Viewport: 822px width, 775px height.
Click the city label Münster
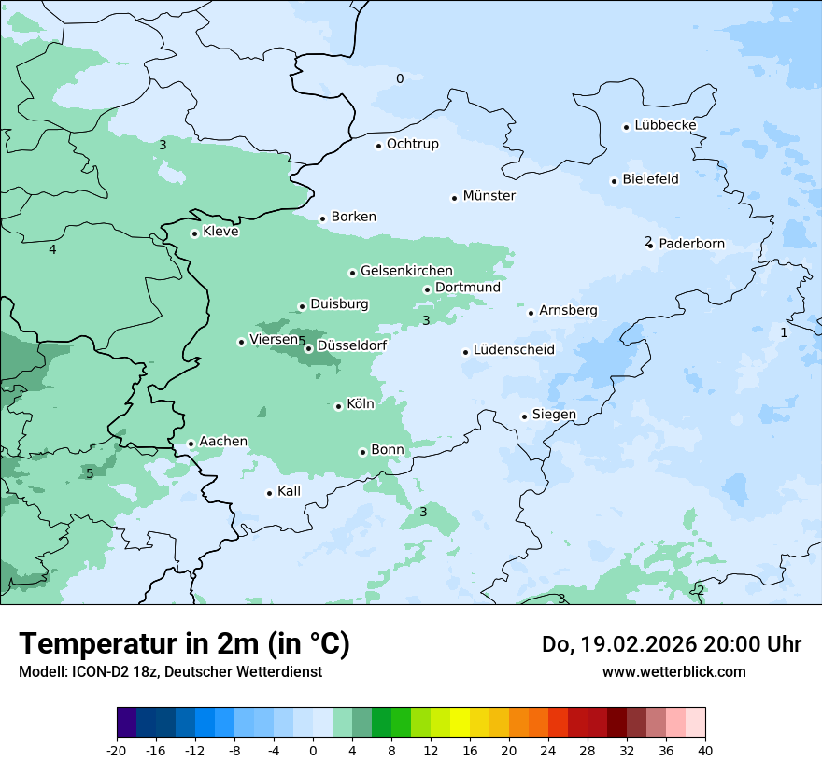click(489, 196)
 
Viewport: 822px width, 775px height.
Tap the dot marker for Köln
click(338, 406)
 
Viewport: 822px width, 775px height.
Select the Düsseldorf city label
click(352, 345)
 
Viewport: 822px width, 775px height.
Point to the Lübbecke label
click(665, 125)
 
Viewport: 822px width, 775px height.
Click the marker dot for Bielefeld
click(614, 181)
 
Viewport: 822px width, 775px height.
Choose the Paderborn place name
click(691, 244)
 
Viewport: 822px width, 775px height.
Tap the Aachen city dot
click(191, 444)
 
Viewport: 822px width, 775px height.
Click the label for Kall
click(290, 491)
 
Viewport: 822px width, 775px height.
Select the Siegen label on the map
click(554, 415)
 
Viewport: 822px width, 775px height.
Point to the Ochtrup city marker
click(378, 146)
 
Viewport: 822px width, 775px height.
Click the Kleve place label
click(220, 232)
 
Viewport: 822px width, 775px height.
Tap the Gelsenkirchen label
click(406, 271)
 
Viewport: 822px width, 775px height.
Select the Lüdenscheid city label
click(514, 350)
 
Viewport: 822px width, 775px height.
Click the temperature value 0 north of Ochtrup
click(400, 78)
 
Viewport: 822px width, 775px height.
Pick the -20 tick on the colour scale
click(117, 750)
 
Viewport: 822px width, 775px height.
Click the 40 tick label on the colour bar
click(704, 750)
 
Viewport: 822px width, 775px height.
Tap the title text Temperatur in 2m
click(184, 644)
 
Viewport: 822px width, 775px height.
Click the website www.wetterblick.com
click(673, 672)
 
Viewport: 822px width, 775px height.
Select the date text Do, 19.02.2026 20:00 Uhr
click(671, 644)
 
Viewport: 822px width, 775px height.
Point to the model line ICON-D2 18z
click(170, 672)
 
